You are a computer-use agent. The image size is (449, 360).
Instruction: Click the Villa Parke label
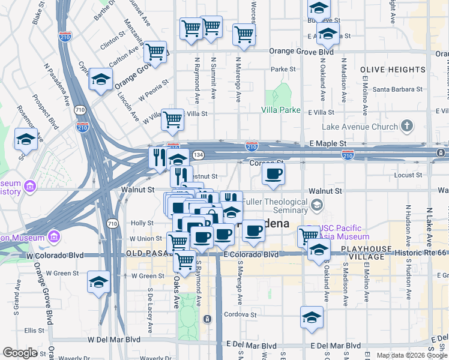coord(280,110)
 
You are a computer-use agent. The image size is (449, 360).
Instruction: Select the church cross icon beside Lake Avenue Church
coord(407,125)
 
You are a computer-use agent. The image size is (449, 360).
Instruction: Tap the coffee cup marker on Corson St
coord(273,174)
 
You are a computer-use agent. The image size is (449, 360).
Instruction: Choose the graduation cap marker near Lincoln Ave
coord(101,79)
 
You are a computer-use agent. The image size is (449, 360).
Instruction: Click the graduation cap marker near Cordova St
coord(312,317)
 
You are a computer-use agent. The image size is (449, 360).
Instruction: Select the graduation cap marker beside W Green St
coord(98,282)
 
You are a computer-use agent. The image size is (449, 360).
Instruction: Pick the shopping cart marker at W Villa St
coord(172,119)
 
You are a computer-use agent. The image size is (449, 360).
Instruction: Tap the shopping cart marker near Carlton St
coord(155,52)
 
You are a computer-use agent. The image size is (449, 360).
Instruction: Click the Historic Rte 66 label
coord(421,254)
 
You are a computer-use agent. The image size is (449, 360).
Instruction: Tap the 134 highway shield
coord(197,155)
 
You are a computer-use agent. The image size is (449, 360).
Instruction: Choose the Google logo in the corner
coord(20,353)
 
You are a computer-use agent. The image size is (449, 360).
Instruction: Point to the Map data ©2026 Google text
coord(411,355)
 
